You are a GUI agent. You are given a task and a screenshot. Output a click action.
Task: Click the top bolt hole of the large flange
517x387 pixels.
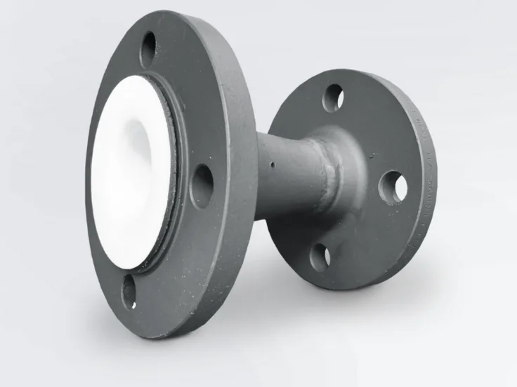point(148,49)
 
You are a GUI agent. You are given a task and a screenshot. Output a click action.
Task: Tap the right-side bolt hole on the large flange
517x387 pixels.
point(202,185)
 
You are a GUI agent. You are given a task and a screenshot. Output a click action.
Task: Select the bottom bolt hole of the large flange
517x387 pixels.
point(129,291)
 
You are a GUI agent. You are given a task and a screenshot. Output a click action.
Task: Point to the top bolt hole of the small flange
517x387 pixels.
point(332,97)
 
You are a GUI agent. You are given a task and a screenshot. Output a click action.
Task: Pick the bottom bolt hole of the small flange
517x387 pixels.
point(320,256)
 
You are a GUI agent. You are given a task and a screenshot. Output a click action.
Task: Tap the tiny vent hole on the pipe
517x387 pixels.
point(272,166)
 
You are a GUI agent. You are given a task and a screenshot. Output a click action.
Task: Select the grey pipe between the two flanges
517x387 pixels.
point(288,175)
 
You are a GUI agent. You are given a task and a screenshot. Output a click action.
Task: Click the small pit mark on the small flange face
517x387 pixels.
point(372,154)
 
